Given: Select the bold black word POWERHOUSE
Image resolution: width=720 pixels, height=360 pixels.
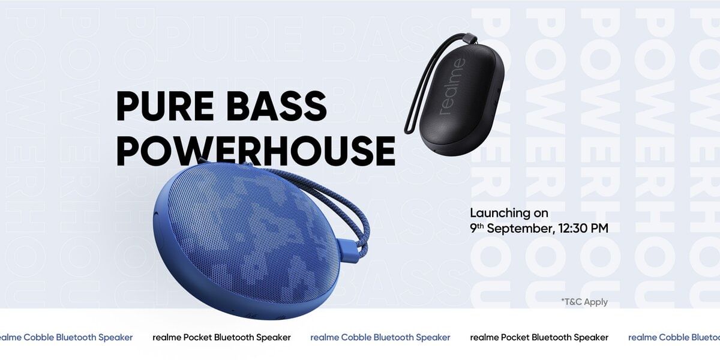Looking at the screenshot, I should pyautogui.click(x=256, y=151).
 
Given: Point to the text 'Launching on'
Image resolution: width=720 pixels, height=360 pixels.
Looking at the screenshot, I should pyautogui.click(x=508, y=213).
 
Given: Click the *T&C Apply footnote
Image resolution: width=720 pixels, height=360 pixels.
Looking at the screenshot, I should pyautogui.click(x=584, y=302).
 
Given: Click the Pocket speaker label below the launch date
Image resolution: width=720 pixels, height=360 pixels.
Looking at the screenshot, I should pyautogui.click(x=539, y=337).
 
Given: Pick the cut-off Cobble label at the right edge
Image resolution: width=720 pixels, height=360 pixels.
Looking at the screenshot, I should pyautogui.click(x=674, y=337).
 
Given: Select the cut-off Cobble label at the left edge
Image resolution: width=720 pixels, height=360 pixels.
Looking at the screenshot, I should pyautogui.click(x=65, y=337).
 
